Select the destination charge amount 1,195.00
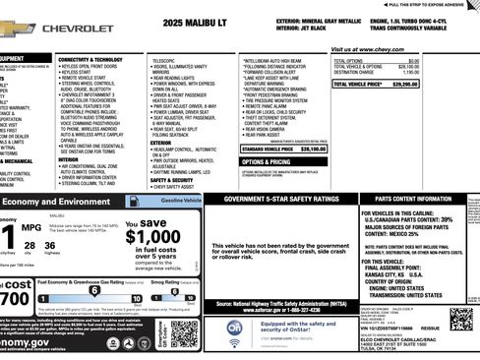448,72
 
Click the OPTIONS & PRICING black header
268,161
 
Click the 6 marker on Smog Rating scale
181,291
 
